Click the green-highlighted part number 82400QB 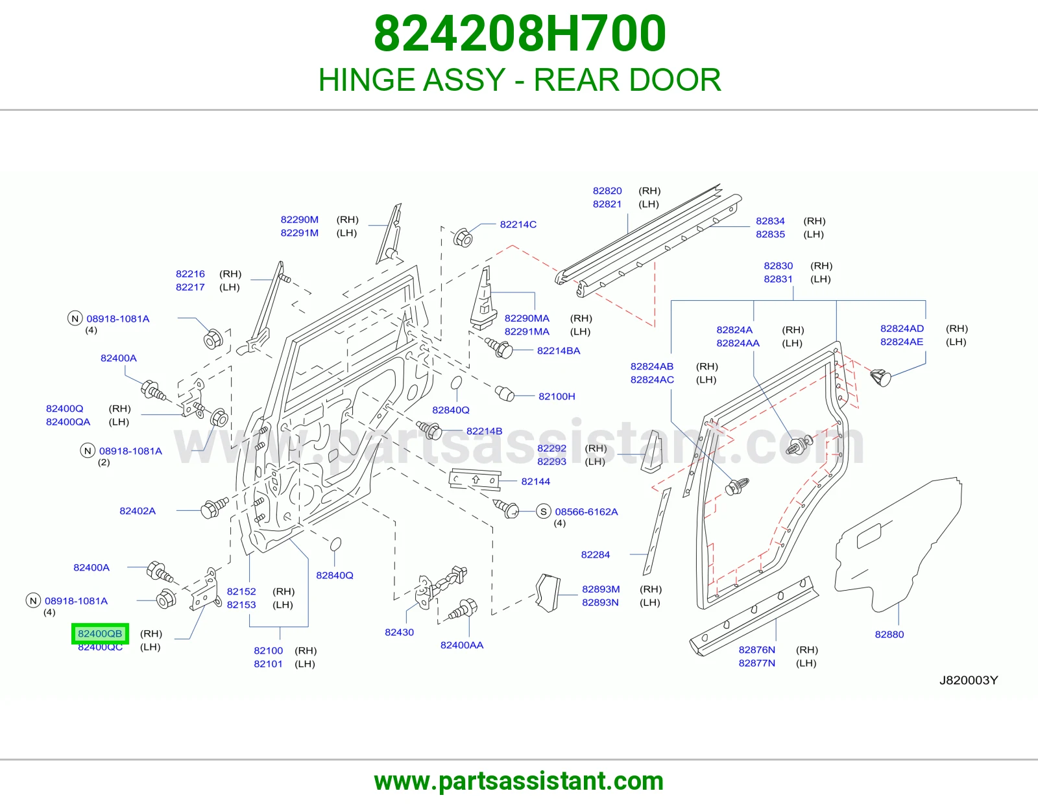tap(100, 633)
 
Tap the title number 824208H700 tap(520, 34)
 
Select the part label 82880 tap(889, 634)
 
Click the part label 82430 tap(400, 632)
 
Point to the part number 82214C tap(518, 224)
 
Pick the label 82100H tap(557, 396)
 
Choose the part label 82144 tap(535, 481)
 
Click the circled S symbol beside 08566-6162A tap(543, 512)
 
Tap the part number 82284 tap(595, 554)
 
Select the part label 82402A tap(138, 510)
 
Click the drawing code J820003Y tap(968, 680)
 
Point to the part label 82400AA tap(461, 645)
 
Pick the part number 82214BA tap(559, 350)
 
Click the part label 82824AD tap(902, 329)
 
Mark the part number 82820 tap(607, 191)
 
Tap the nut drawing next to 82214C tap(463, 237)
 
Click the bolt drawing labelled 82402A tap(213, 508)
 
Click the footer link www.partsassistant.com tap(519, 781)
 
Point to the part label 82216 tap(190, 274)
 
